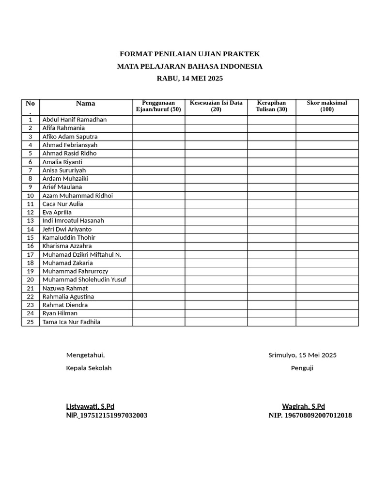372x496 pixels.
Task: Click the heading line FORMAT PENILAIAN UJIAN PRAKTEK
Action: (x=189, y=54)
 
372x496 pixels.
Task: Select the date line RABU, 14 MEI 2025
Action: (x=189, y=78)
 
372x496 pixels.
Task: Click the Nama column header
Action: (x=86, y=103)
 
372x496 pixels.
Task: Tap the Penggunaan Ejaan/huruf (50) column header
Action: (x=158, y=106)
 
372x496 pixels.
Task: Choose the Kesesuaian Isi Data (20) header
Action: (x=216, y=106)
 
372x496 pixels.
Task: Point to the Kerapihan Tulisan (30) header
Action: (x=271, y=106)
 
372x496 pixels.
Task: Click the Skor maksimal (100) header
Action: (x=327, y=106)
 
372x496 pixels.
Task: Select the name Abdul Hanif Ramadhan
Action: (x=75, y=120)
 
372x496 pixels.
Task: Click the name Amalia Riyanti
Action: (x=62, y=162)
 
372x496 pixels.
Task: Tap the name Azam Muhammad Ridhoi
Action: (x=77, y=196)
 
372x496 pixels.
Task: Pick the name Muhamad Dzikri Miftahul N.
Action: (x=82, y=254)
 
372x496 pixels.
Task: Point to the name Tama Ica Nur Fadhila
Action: (x=71, y=322)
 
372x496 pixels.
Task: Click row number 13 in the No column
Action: (x=31, y=221)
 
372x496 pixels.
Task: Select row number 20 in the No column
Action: (x=31, y=279)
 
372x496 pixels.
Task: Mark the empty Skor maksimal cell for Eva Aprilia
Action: (x=327, y=212)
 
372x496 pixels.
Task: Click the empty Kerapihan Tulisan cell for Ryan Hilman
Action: (x=272, y=313)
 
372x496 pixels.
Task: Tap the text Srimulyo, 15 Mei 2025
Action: (x=302, y=355)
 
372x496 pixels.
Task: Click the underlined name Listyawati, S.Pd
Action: (x=90, y=406)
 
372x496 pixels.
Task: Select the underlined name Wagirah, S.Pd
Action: (x=303, y=406)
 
